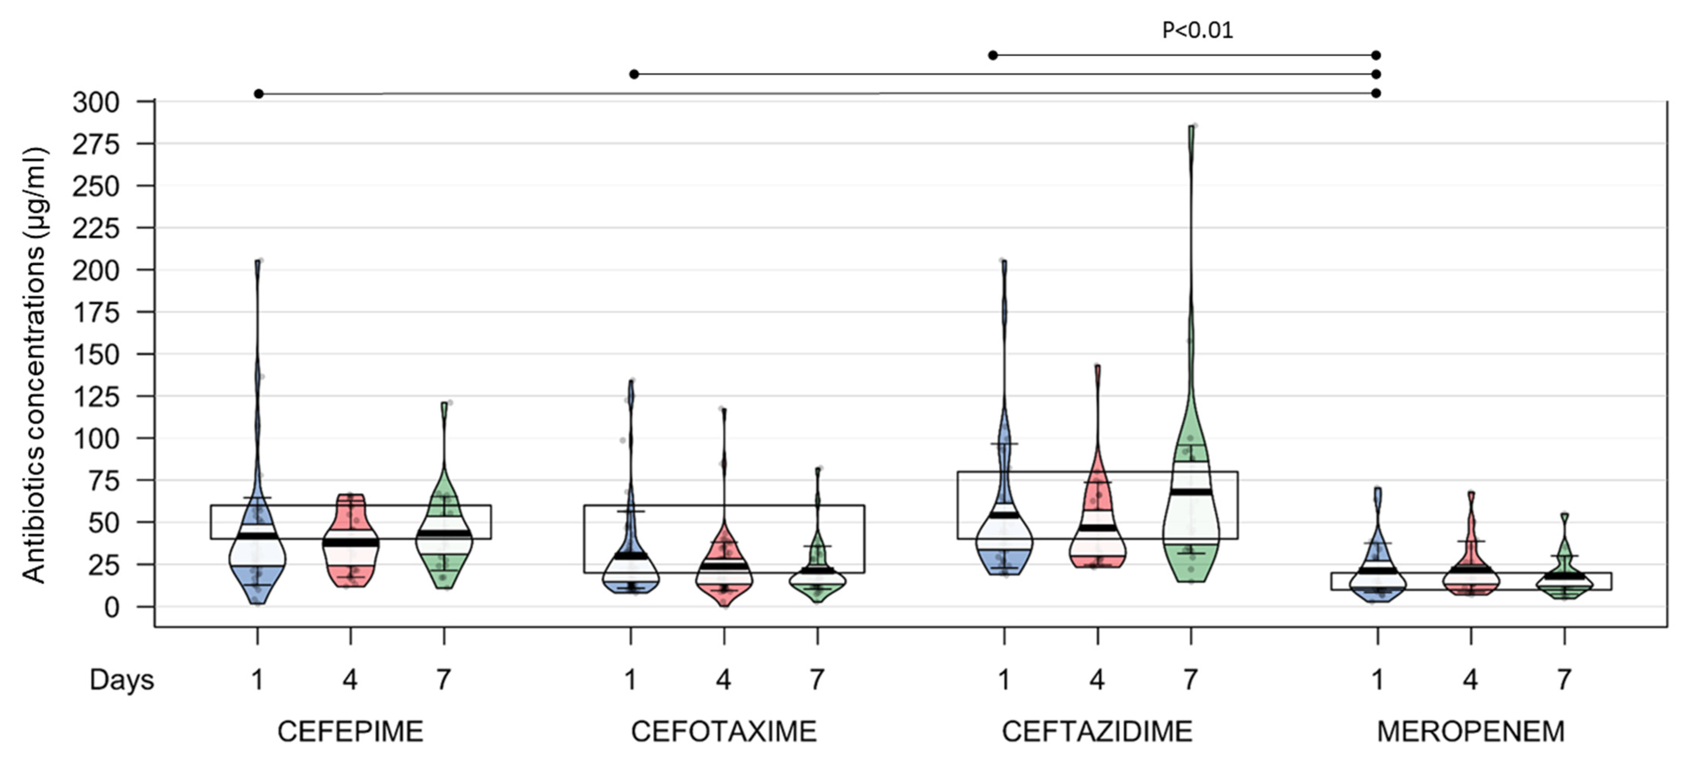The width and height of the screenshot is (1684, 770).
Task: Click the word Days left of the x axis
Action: (x=122, y=680)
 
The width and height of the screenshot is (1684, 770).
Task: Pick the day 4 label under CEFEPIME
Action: (x=351, y=680)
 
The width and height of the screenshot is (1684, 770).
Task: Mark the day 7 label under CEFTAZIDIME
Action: (x=1191, y=680)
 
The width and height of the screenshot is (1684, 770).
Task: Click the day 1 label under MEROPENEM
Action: (x=1377, y=680)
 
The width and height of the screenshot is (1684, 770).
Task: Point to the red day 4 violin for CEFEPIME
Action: (x=351, y=543)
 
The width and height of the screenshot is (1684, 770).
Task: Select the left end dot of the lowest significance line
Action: (x=259, y=94)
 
